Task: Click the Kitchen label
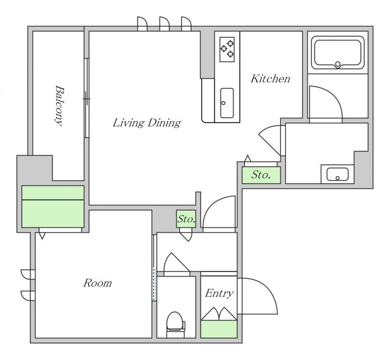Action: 271,79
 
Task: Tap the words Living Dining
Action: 147,122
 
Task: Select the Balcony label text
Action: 59,105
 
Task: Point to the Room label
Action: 97,283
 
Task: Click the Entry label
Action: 219,294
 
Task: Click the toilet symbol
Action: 176,325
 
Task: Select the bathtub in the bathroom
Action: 338,53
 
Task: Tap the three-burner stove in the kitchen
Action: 227,49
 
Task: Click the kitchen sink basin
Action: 227,103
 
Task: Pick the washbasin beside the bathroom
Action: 337,174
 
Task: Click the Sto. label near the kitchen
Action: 261,175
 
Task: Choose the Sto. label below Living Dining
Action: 186,219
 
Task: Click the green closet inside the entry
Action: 219,329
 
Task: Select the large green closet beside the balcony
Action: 53,206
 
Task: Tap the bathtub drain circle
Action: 338,65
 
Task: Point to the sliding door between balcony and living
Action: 87,98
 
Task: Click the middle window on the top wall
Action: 164,24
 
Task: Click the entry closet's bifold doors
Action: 219,314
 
